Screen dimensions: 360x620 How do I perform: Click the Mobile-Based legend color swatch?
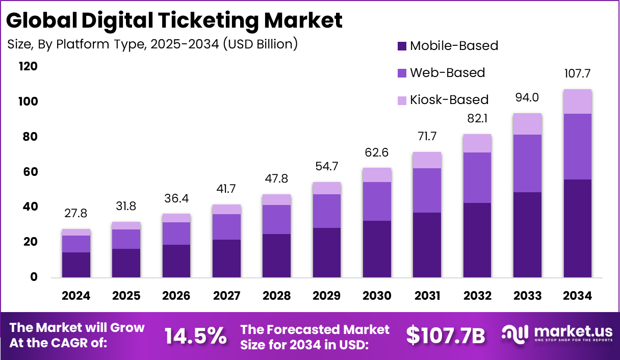tap(402, 46)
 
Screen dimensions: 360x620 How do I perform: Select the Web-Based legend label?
tap(447, 72)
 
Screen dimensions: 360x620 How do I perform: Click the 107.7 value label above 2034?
tap(578, 73)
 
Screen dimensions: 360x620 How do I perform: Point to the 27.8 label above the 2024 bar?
tap(76, 213)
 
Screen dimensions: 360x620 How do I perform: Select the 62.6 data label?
tap(377, 152)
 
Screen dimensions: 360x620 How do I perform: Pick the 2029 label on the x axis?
tap(327, 296)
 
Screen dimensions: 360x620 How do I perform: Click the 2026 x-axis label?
tap(176, 296)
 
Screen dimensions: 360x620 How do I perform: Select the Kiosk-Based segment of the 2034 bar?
tap(578, 101)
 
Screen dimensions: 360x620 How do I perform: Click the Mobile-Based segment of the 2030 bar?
tap(377, 249)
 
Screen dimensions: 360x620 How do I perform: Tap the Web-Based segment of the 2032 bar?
tap(477, 177)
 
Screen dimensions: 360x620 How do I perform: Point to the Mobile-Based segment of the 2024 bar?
tap(76, 265)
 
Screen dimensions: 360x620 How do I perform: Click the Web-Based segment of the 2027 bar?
tap(226, 227)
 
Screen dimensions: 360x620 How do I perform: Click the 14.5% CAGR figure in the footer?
tap(195, 336)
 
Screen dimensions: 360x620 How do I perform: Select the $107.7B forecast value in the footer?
tap(446, 335)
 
